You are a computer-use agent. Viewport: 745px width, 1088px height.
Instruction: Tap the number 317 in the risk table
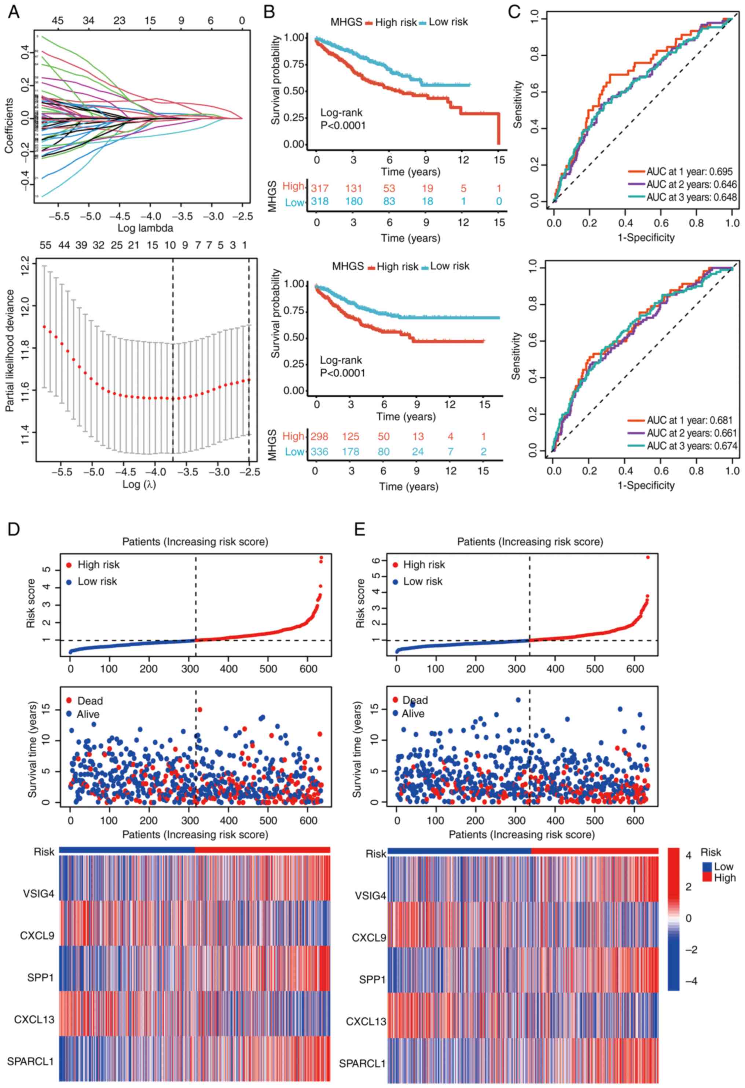click(320, 188)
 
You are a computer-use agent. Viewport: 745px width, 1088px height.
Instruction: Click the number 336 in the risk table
click(320, 451)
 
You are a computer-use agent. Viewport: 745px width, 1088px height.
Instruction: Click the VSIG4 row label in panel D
click(38, 894)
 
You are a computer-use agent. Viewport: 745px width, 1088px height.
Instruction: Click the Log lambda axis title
click(139, 228)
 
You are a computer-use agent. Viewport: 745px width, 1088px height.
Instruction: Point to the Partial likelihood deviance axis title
click(10, 351)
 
